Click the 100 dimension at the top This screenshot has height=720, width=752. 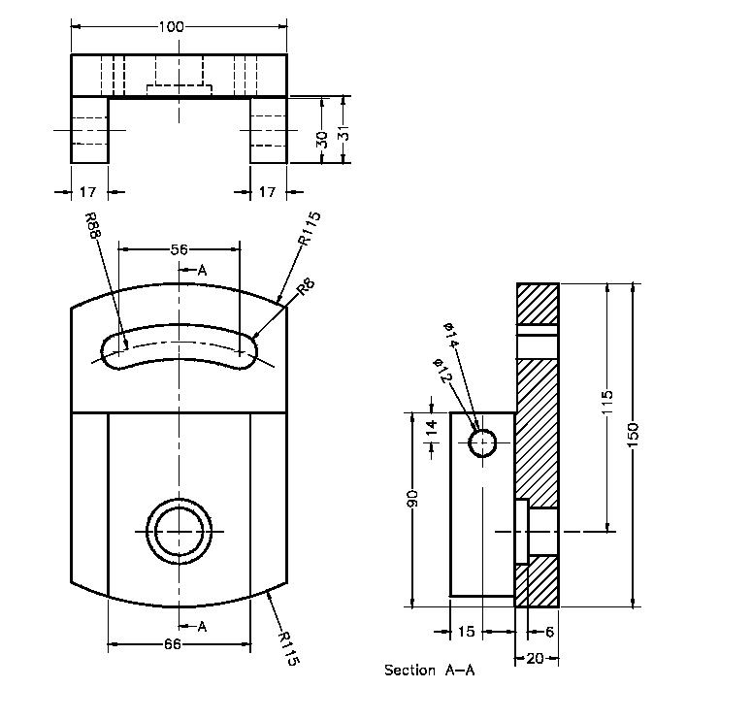[171, 26]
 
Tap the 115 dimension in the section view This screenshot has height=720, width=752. [607, 402]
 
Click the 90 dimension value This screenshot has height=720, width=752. [412, 501]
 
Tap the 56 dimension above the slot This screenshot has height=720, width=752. [179, 249]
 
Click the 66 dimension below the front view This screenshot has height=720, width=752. [172, 643]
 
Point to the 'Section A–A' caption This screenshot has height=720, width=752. [429, 670]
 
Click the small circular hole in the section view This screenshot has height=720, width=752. [482, 443]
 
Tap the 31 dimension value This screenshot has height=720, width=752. [343, 133]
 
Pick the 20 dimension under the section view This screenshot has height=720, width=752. [534, 658]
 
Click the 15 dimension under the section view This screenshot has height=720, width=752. [466, 632]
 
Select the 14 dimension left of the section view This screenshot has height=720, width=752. [432, 429]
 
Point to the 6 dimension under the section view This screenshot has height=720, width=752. [549, 632]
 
